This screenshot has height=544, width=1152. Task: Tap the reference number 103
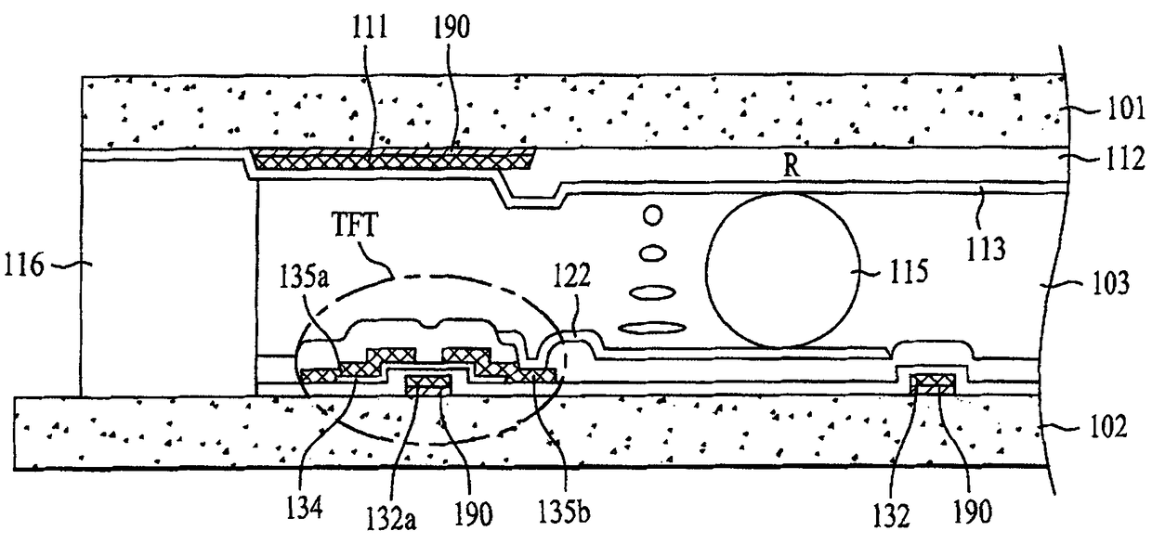click(1110, 283)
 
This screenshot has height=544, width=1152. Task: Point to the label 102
click(1107, 426)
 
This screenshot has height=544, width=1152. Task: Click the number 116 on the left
click(24, 266)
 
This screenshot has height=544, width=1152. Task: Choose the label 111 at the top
click(369, 27)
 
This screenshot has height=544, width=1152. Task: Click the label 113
click(986, 249)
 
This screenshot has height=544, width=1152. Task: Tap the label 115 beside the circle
click(909, 271)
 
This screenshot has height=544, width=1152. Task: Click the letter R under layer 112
click(792, 166)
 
